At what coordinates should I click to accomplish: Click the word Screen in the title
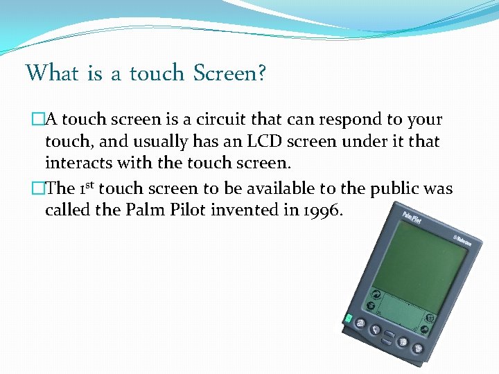(x=225, y=73)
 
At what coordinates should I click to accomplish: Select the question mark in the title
(x=261, y=73)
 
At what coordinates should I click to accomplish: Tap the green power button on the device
(x=348, y=319)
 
